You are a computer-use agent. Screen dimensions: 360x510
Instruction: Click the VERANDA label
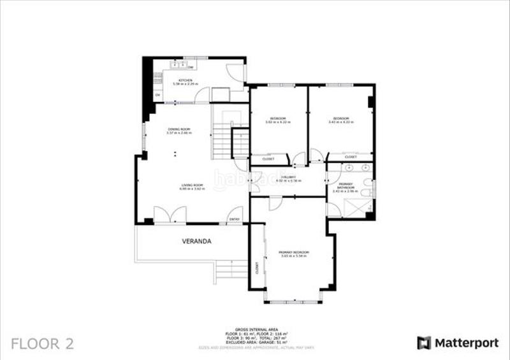coord(196,241)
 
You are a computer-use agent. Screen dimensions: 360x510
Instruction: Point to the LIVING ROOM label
coord(191,187)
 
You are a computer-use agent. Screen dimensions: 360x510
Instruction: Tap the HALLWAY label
coord(288,178)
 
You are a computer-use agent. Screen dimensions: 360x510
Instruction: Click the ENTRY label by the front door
coord(235,220)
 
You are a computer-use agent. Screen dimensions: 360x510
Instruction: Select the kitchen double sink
coord(178,65)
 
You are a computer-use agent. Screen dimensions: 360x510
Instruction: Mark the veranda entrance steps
coord(231,270)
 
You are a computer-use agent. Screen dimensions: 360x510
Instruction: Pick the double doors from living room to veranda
coord(170,216)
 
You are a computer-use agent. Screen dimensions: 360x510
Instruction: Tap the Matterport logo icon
coord(424,343)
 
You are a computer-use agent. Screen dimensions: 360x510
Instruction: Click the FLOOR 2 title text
coord(43,344)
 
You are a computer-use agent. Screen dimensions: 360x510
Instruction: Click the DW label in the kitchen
coord(191,67)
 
